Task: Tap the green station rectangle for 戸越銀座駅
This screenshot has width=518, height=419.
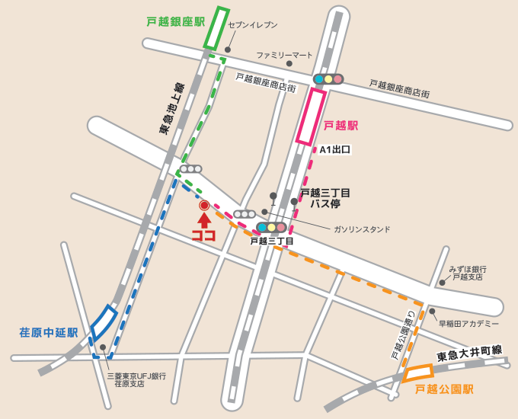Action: pos(216,29)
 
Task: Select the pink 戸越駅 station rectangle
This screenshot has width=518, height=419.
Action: pos(311,117)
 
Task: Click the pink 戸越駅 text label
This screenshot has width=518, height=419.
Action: pos(341,125)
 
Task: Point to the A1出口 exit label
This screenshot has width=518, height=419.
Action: pos(335,150)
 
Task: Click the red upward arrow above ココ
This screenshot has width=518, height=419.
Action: pos(204,220)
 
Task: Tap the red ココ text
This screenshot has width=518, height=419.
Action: pos(204,235)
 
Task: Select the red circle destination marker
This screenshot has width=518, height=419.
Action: pos(204,205)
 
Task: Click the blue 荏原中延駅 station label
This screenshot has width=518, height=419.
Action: pos(49,332)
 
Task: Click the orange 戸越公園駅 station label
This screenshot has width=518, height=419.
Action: pos(444,389)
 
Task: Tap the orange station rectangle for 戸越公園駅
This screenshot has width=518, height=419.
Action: pos(417,373)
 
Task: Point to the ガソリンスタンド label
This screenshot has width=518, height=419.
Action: pos(361,229)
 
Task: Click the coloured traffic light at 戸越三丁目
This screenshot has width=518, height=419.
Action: pos(271,227)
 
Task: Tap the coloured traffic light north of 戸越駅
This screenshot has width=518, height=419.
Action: pos(328,78)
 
